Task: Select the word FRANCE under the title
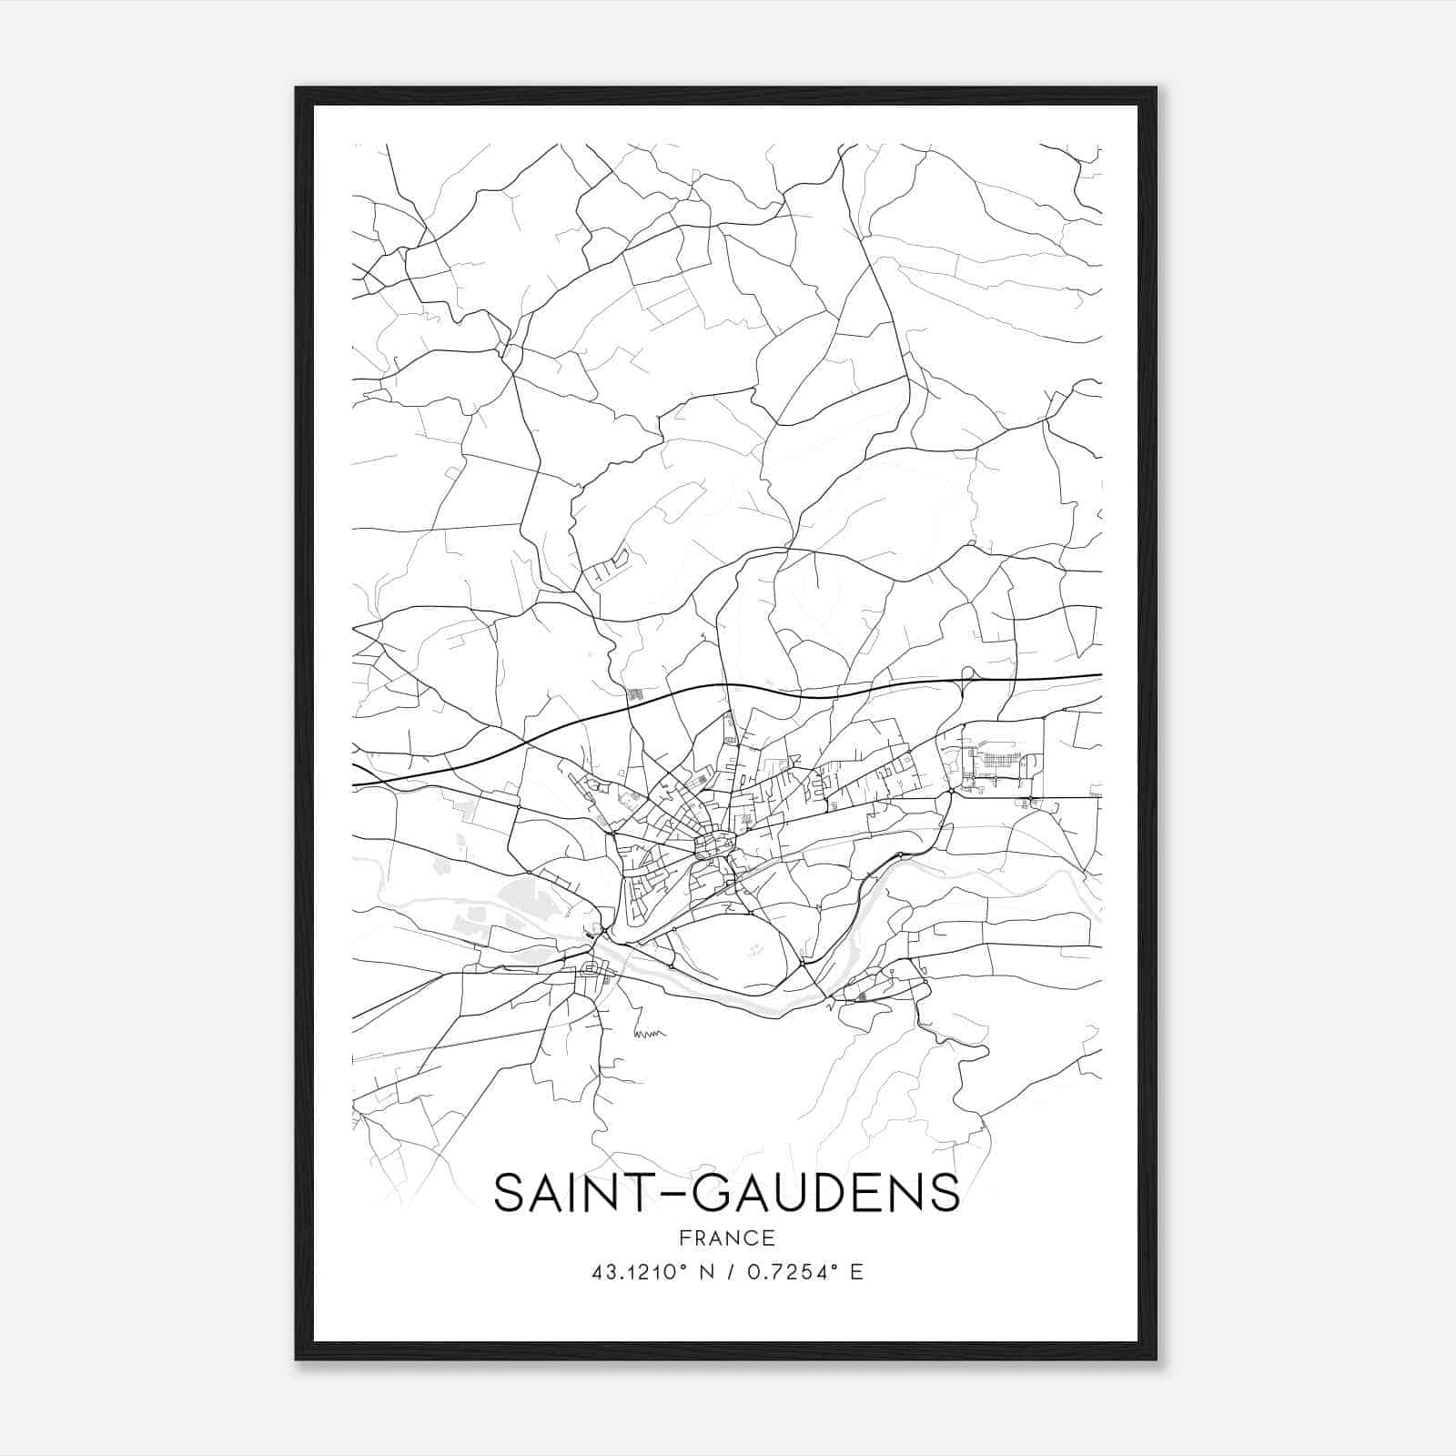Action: (x=727, y=1238)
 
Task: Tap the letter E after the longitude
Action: (x=856, y=1272)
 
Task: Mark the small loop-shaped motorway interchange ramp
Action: (x=967, y=674)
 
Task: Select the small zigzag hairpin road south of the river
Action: (x=650, y=1033)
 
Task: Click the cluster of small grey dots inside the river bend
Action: (x=754, y=952)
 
